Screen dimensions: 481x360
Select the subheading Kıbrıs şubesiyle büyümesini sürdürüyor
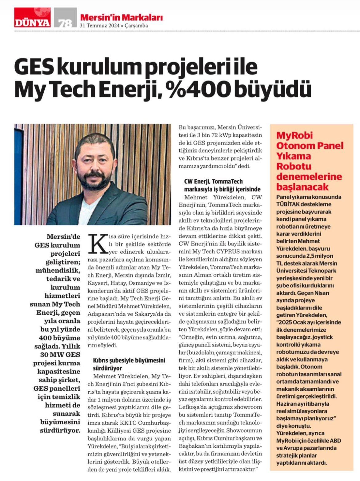129,364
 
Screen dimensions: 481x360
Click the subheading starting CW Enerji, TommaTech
222,185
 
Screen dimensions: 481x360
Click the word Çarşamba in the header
136,26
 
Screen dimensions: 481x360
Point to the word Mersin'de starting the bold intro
63,237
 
